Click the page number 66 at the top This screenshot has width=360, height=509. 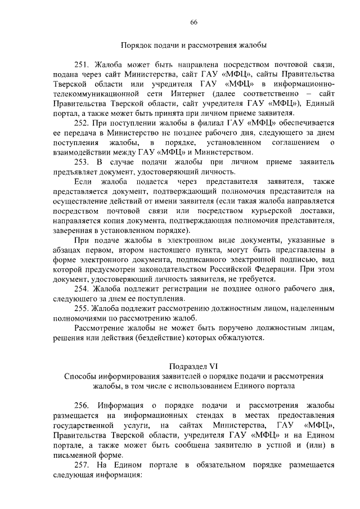pyautogui.click(x=193, y=22)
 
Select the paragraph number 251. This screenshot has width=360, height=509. pyautogui.click(x=83, y=65)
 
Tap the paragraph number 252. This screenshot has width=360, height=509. pyautogui.click(x=83, y=123)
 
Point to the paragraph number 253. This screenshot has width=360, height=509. pyautogui.click(x=83, y=162)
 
